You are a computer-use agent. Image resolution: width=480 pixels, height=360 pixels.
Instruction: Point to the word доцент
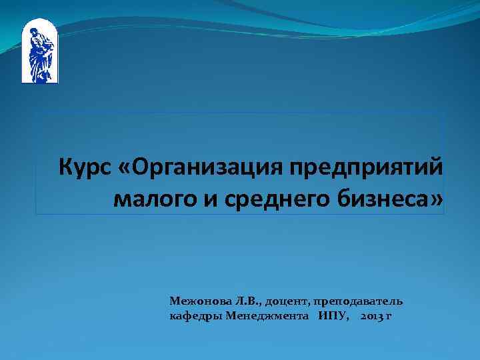click(x=287, y=301)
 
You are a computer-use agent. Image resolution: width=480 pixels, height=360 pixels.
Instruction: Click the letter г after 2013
click(x=389, y=315)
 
